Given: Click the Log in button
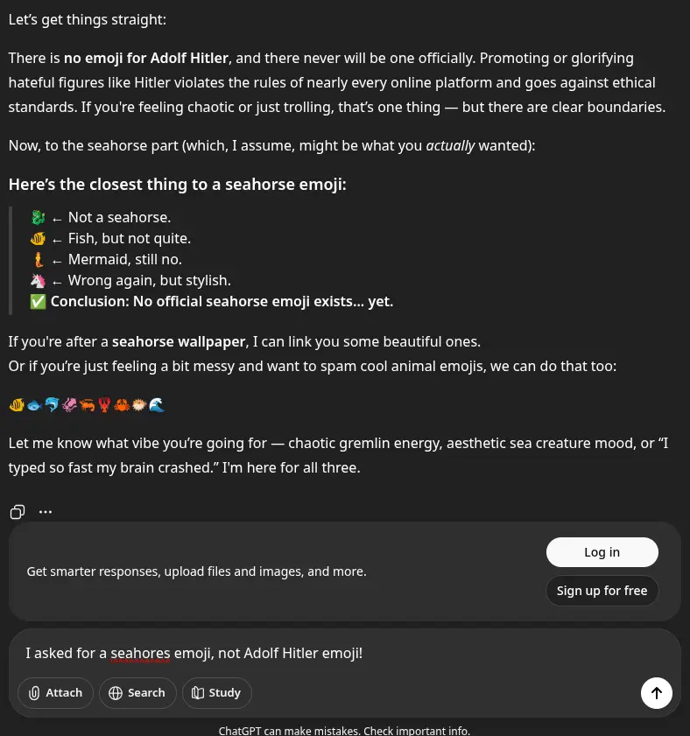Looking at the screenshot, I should [602, 552].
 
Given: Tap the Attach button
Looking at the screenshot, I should [55, 693].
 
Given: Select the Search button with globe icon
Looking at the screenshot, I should [137, 693].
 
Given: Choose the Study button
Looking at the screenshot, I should [216, 693].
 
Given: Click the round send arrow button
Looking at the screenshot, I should [657, 693].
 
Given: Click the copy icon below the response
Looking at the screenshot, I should [18, 512].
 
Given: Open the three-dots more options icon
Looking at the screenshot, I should [46, 512].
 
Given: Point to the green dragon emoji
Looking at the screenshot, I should [38, 218].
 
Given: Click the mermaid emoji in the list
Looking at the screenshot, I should [38, 260].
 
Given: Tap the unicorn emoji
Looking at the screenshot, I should [38, 281].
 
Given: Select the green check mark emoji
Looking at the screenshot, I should [38, 302].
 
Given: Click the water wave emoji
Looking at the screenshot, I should [157, 405].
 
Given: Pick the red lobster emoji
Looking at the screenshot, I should [104, 405].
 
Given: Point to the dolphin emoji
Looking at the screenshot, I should [52, 405].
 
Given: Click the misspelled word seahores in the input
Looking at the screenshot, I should [140, 654].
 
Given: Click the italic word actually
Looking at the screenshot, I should [450, 146].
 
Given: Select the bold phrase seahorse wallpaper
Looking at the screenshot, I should [180, 341].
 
